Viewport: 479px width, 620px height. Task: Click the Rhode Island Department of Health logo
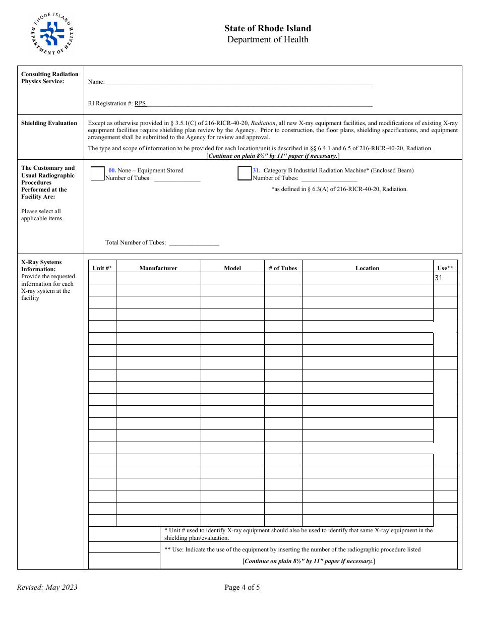[x=52, y=34]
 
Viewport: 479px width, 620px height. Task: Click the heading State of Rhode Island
[x=268, y=28]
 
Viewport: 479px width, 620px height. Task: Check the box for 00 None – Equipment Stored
[x=98, y=173]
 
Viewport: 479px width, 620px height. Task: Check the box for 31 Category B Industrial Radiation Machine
[x=245, y=173]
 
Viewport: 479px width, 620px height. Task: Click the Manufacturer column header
[x=158, y=268]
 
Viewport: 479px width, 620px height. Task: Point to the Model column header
[x=232, y=268]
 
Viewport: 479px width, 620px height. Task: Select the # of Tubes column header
[x=283, y=268]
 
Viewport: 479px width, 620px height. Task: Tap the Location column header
[x=367, y=268]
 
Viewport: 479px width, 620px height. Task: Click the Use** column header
[x=445, y=268]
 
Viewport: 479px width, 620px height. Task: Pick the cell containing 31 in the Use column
[x=445, y=278]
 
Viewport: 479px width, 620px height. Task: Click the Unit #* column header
[x=102, y=268]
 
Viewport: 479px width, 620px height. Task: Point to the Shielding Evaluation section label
[x=49, y=123]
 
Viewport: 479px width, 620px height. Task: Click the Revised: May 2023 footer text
[x=47, y=587]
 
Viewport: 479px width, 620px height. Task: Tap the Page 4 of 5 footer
[x=242, y=587]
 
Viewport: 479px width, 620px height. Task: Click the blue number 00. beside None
[x=112, y=170]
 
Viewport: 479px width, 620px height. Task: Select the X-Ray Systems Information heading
[x=41, y=266]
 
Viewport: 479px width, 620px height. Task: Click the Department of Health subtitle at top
[x=268, y=40]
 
